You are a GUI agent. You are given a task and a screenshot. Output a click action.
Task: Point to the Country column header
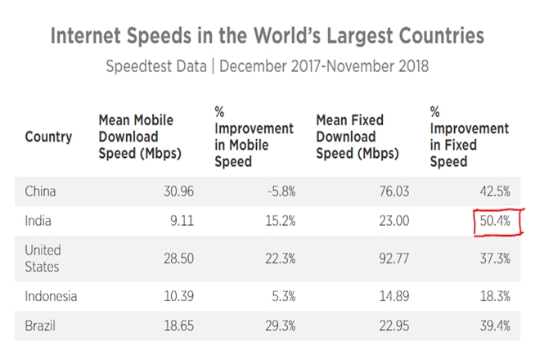(x=48, y=137)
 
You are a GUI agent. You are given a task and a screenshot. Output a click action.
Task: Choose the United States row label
(x=43, y=257)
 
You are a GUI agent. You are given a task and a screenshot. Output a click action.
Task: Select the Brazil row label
(x=42, y=325)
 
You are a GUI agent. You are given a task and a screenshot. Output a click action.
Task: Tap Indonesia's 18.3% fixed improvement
(x=495, y=295)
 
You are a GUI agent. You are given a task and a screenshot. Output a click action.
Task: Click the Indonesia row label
(x=52, y=295)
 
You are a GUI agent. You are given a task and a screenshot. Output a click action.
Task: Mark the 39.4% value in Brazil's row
(x=495, y=325)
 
